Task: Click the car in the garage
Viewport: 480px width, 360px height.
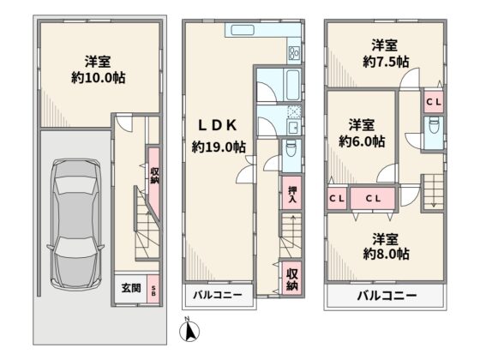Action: point(75,225)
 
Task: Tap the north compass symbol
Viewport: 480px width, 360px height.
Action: point(189,330)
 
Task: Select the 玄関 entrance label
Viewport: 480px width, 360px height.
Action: point(131,288)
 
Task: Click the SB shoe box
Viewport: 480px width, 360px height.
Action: point(153,290)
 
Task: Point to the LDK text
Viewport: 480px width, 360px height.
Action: point(218,125)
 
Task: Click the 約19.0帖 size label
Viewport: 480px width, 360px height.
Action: point(219,147)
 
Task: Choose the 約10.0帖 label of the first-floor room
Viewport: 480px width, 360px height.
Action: point(98,78)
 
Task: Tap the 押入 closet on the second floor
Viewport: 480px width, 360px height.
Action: point(291,193)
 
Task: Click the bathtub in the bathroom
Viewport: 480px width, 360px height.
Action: point(292,85)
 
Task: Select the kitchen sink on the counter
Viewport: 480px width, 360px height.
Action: point(243,30)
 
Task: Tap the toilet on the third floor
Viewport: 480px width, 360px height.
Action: point(434,125)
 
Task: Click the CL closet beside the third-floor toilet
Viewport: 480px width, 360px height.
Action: point(434,102)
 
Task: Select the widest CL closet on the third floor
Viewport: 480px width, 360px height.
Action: point(373,198)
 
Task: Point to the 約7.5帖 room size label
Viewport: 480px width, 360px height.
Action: point(386,62)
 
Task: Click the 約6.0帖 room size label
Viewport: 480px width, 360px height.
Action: point(362,141)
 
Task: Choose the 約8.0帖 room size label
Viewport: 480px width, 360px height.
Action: point(386,254)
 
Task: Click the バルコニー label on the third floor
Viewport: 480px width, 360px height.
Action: point(387,296)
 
